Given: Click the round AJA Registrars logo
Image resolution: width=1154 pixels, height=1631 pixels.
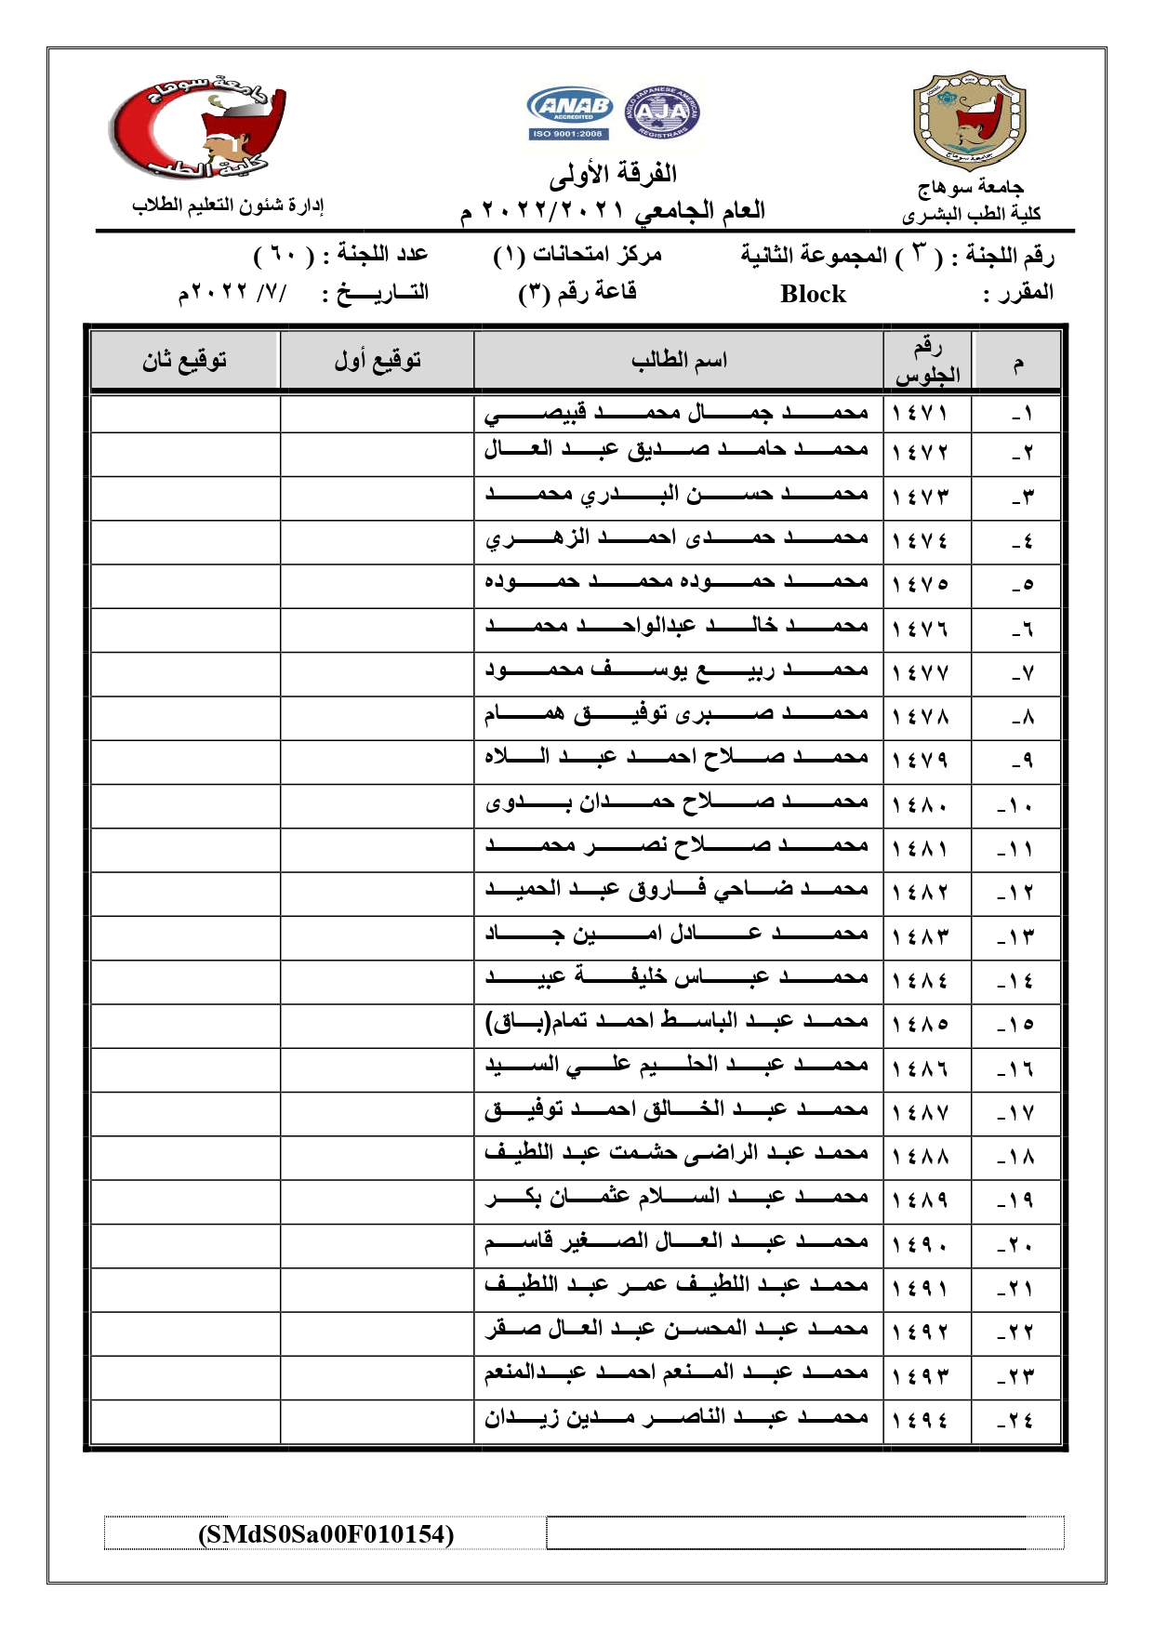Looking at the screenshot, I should point(661,113).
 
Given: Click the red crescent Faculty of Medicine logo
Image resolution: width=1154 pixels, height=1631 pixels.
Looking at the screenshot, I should point(198,128).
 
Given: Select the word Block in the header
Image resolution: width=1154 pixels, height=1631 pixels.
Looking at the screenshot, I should point(813,294).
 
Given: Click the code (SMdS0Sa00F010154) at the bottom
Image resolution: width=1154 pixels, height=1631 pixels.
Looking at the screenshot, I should point(325,1533).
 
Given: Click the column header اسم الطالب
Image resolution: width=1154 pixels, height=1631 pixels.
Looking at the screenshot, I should point(679,361).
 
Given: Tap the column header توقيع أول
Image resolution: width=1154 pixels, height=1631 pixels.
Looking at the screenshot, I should point(378,361).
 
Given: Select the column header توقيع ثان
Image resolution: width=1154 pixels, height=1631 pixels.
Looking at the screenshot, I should point(185,361).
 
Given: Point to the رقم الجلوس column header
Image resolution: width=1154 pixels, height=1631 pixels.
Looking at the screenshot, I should point(927,361).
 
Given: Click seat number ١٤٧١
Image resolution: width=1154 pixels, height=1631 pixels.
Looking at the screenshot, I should point(920,413).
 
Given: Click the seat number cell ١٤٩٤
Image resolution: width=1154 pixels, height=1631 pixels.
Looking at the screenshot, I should point(920,1420).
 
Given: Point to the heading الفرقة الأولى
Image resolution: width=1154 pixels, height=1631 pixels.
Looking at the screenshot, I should point(613,174).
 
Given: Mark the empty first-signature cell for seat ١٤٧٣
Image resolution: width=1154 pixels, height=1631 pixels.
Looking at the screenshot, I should point(378,498).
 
